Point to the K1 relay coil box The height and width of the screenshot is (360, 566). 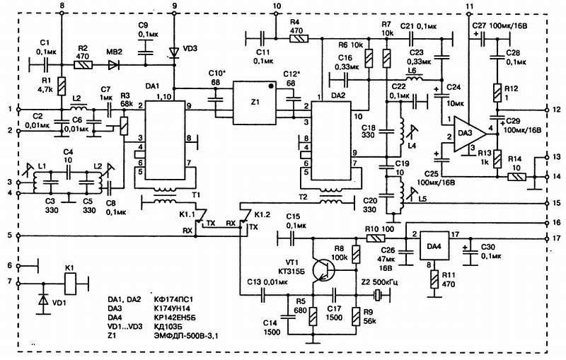point(70,284)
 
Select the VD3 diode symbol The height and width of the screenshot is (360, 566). point(175,52)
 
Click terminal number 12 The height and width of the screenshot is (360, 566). point(555,110)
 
